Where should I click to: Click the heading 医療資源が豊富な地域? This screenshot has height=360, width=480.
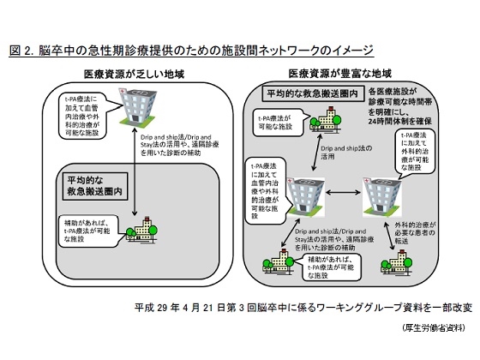[x=339, y=75]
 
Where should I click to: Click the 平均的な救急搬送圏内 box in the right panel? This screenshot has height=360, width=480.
[x=299, y=93]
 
